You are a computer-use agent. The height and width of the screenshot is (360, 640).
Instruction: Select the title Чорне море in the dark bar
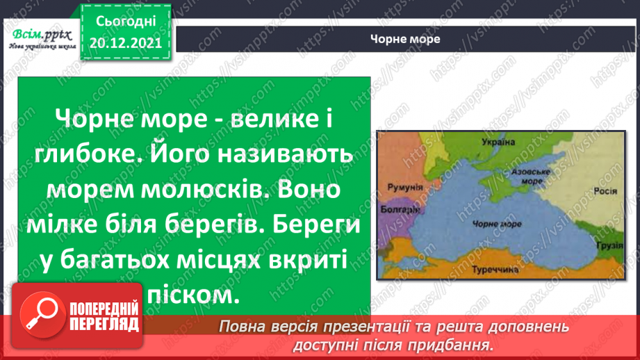point(406,39)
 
